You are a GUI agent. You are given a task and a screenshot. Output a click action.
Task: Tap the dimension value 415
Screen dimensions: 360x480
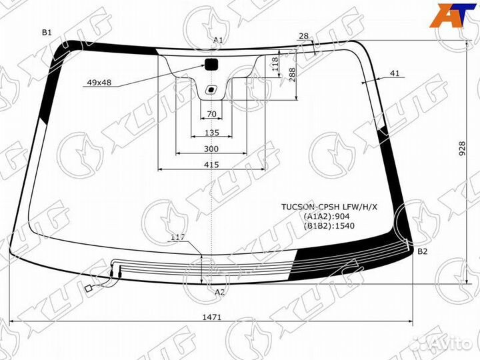point(211,165)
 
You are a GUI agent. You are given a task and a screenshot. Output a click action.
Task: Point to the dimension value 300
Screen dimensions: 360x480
point(211,148)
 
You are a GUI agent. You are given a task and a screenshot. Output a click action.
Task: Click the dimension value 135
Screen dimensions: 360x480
point(211,133)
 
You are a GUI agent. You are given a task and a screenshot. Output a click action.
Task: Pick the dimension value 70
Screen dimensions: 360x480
point(211,114)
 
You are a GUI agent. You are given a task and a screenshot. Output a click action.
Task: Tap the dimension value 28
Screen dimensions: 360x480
point(303,36)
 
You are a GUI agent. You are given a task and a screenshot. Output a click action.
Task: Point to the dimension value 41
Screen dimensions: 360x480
point(395,73)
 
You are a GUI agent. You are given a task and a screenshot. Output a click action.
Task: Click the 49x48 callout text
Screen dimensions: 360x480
point(98,83)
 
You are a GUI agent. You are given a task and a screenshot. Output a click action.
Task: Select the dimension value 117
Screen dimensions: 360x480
point(177,237)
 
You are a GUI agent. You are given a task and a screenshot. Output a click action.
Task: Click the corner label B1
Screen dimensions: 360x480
point(47,32)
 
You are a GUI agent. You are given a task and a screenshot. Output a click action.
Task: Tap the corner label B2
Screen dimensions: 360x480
point(422,251)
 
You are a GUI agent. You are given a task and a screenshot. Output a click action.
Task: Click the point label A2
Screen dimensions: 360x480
point(220,292)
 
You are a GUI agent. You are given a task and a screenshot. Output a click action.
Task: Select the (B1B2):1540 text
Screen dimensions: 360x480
point(329,226)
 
